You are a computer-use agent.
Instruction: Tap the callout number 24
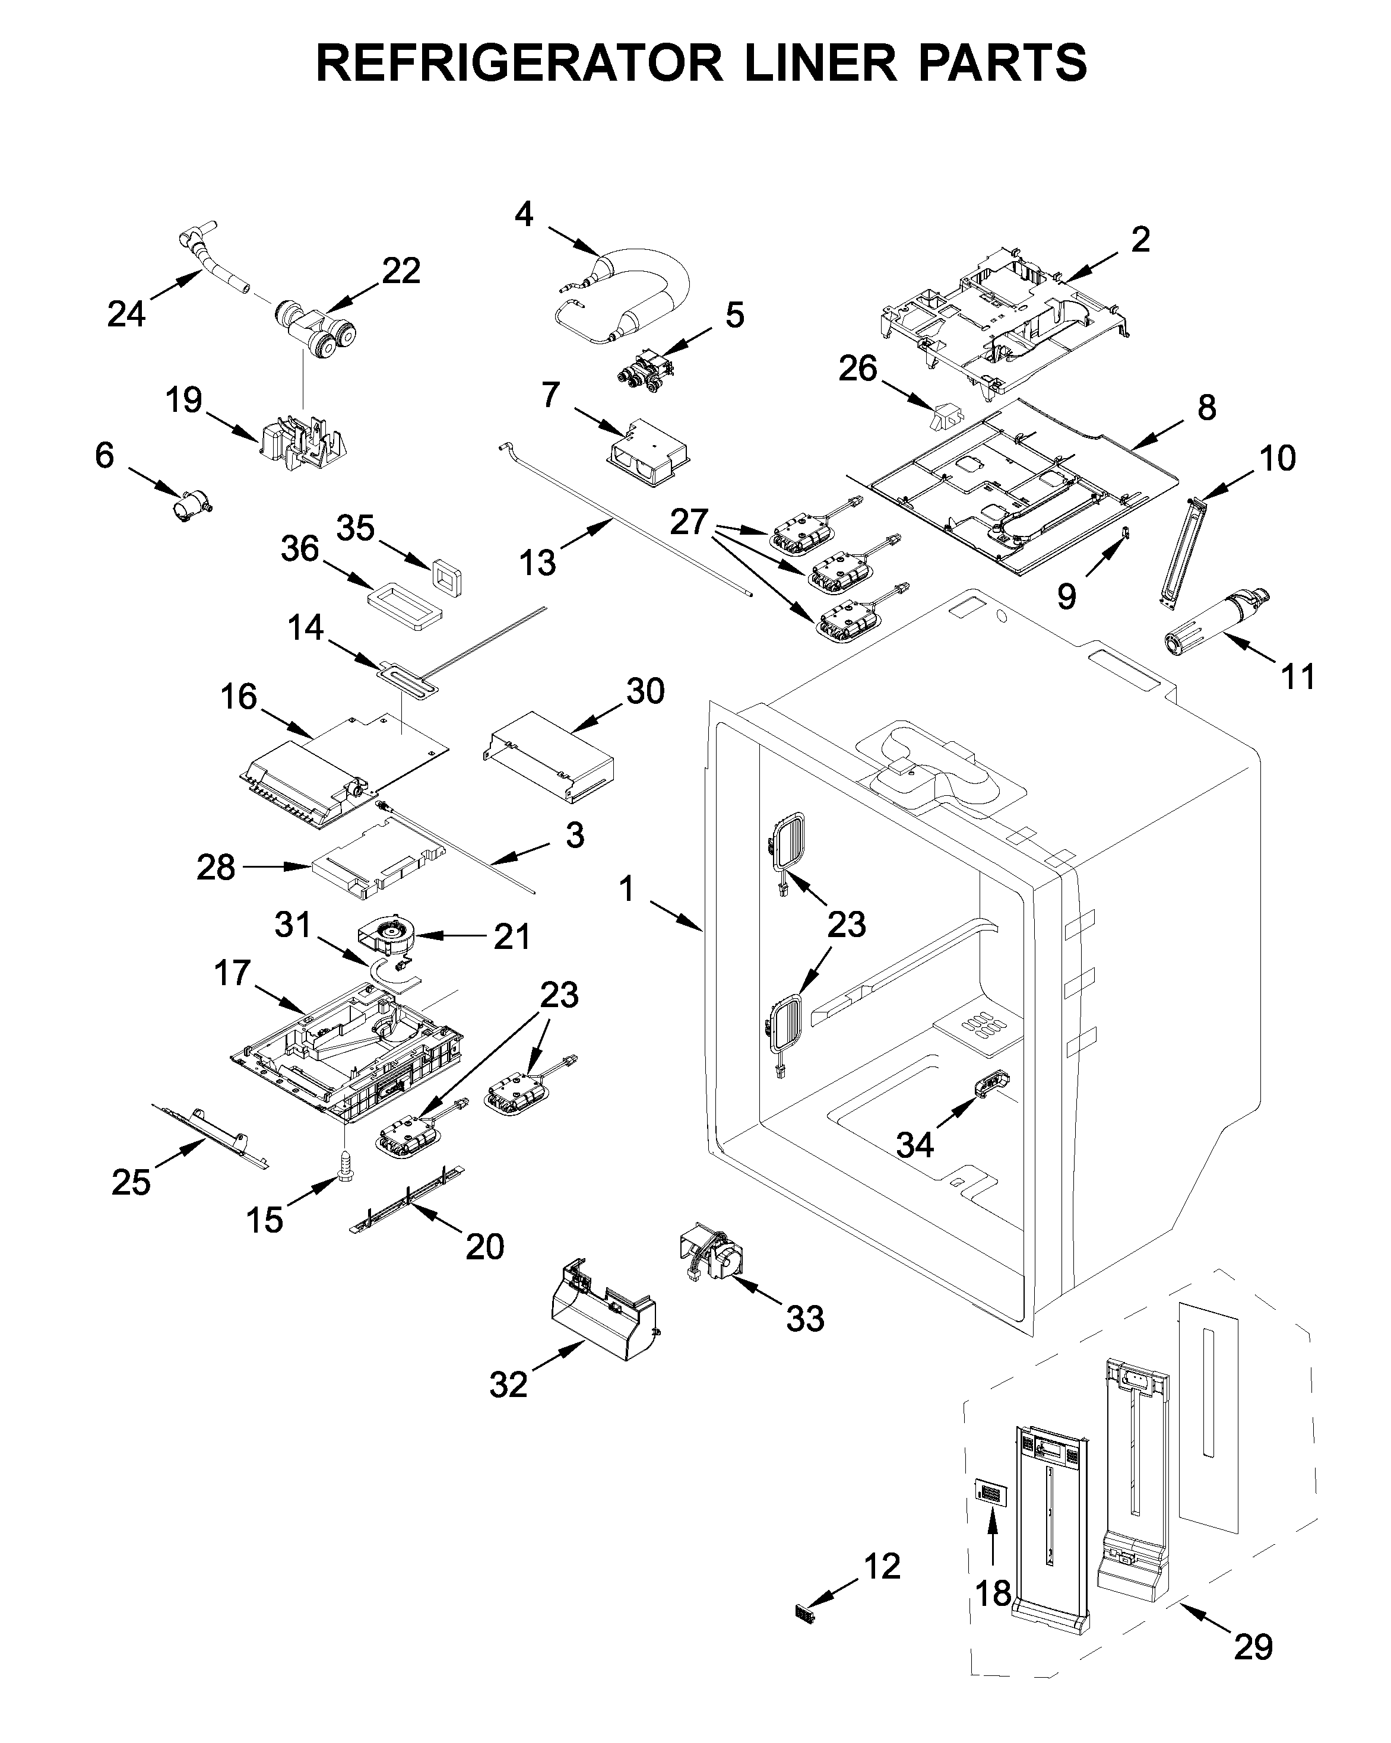pos(126,314)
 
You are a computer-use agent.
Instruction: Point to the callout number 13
pos(538,562)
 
